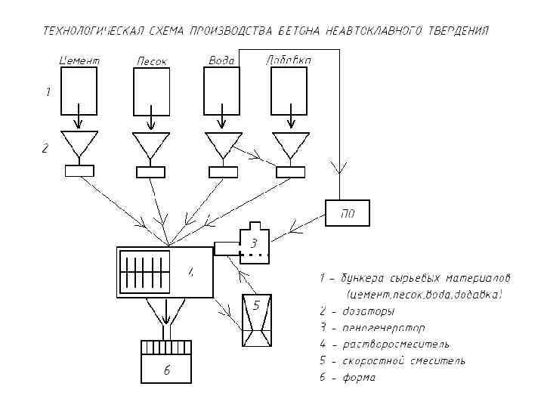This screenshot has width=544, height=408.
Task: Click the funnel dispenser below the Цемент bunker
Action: [79, 144]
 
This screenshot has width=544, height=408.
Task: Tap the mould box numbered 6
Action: [168, 363]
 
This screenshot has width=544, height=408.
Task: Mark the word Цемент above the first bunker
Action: [79, 60]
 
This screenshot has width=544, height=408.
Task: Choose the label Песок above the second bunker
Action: [151, 60]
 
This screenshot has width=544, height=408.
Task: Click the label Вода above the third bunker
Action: [221, 60]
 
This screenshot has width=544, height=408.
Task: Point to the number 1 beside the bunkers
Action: [48, 94]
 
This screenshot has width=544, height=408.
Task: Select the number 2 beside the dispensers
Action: [45, 149]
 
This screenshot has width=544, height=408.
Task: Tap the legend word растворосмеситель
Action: [395, 344]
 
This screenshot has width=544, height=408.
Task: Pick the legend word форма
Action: [358, 377]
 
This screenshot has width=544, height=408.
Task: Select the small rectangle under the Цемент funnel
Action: [79, 171]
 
